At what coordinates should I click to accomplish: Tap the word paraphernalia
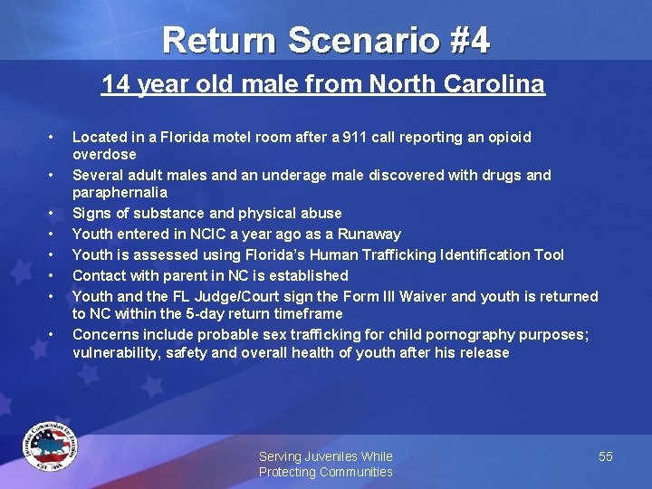coord(120,192)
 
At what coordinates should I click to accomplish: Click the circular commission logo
coord(51,446)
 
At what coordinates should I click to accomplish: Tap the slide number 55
coord(606,456)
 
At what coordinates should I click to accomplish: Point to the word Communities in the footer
coord(350,472)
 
